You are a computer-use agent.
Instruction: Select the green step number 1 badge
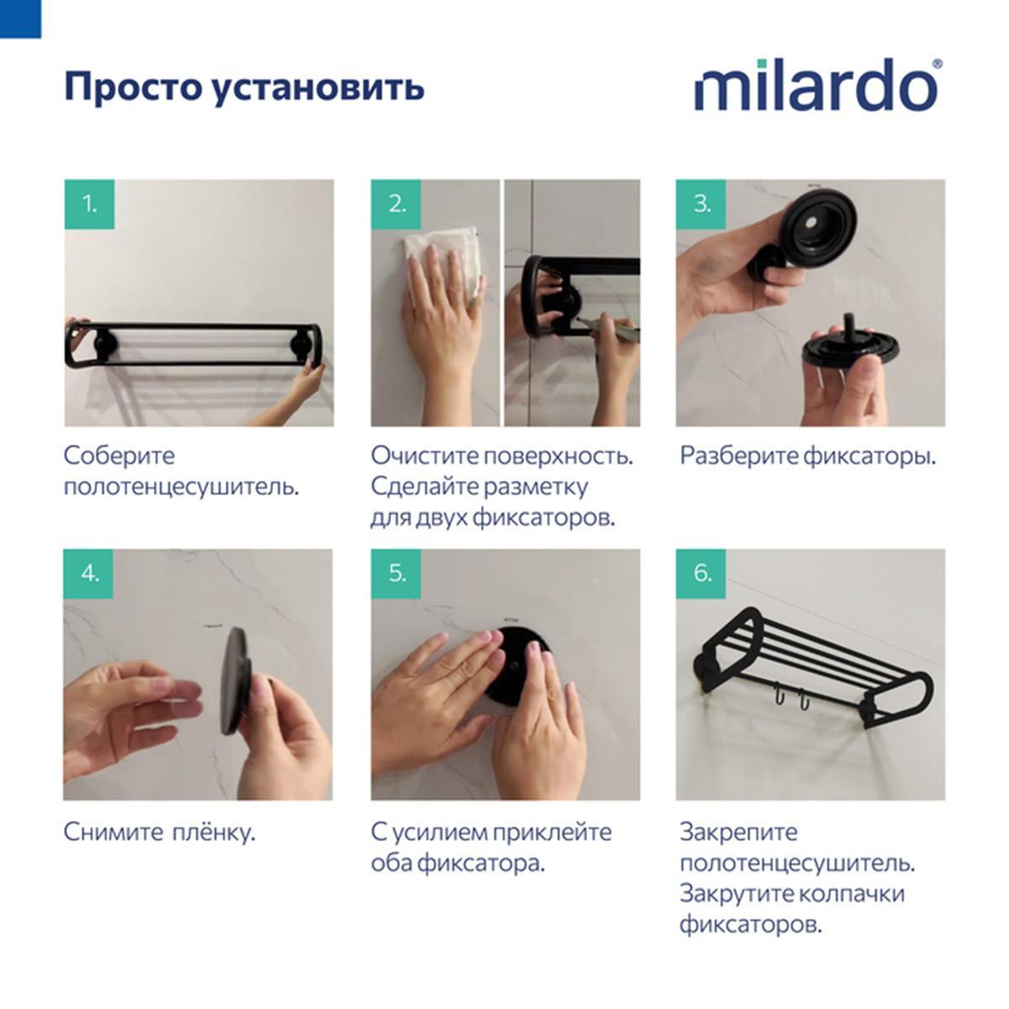tap(89, 204)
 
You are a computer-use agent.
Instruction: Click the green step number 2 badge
tap(396, 204)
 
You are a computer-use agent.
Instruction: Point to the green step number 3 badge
tap(700, 204)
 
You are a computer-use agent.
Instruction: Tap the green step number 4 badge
tap(88, 574)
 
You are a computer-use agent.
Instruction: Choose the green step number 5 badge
tap(396, 574)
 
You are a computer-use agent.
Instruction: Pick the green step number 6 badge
tap(700, 574)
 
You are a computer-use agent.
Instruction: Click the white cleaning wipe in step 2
tap(445, 267)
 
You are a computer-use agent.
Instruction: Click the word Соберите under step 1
tap(119, 456)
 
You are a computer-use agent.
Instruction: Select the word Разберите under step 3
tap(739, 457)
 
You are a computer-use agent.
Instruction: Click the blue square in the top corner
tap(20, 18)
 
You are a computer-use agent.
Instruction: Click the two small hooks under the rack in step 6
tap(789, 700)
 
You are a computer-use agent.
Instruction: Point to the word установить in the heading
tap(319, 87)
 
